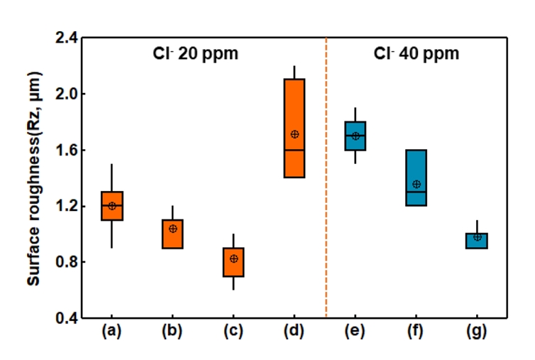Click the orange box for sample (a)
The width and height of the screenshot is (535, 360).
(x=112, y=206)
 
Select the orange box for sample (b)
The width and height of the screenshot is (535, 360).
(x=172, y=234)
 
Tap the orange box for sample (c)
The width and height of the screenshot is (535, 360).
(x=233, y=262)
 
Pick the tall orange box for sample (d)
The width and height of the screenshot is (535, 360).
(x=294, y=128)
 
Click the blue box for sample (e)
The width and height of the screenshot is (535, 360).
(x=355, y=136)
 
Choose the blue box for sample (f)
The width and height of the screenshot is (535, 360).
(x=416, y=178)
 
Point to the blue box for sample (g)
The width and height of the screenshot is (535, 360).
(x=477, y=241)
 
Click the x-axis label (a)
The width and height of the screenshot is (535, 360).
(x=112, y=331)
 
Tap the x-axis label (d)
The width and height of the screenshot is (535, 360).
(x=294, y=331)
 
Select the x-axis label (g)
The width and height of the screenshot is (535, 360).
(x=477, y=331)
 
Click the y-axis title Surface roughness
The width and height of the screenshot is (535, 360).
(x=33, y=178)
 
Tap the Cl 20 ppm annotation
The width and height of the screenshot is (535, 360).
(x=195, y=53)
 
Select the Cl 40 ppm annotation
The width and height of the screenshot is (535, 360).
(x=417, y=53)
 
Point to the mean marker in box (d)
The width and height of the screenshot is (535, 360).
(x=294, y=134)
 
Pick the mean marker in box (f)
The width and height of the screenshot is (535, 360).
(x=417, y=184)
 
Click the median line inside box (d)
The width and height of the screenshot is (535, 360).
(x=294, y=150)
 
